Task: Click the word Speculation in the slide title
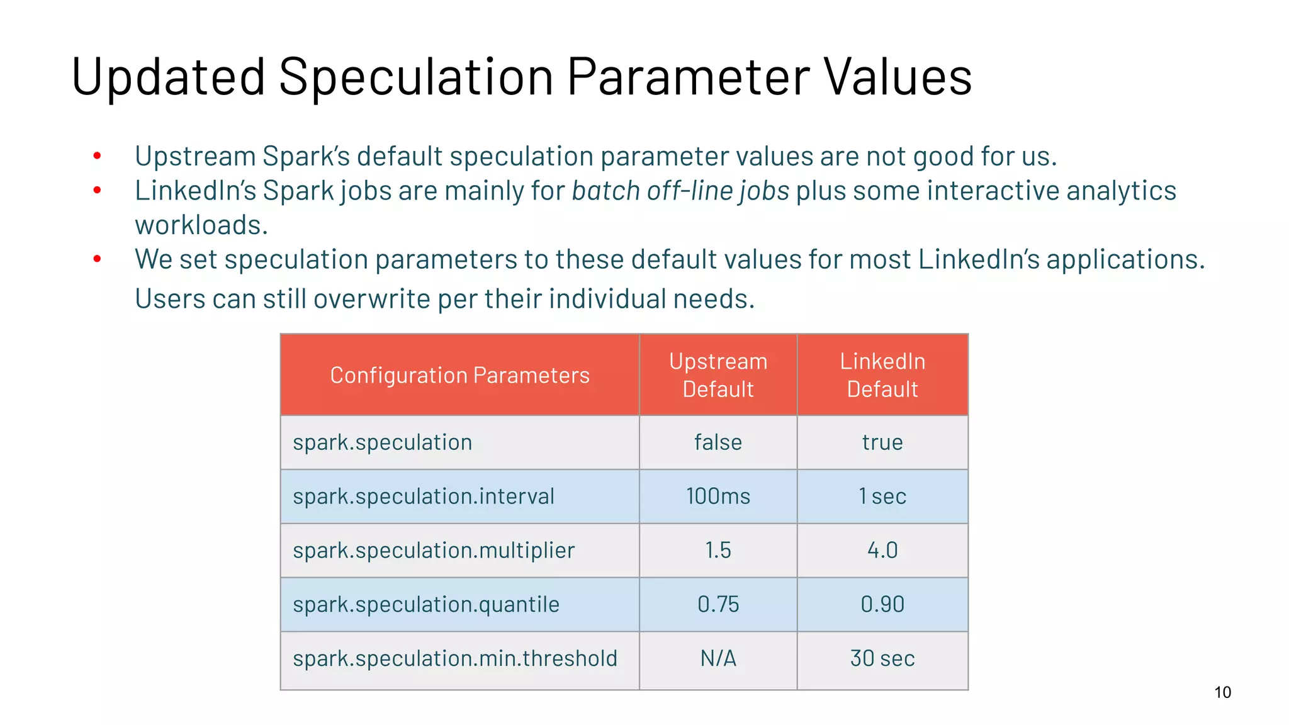(x=415, y=77)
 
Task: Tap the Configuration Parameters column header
(x=459, y=375)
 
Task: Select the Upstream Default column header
(x=718, y=375)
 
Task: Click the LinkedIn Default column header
(x=882, y=375)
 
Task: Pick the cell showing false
(x=718, y=442)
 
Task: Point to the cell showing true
(x=882, y=442)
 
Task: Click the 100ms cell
(x=718, y=497)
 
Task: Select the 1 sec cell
(x=882, y=497)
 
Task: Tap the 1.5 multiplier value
(x=718, y=551)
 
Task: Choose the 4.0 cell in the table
(x=882, y=551)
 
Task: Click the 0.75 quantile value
(x=718, y=605)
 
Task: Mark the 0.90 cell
(x=882, y=605)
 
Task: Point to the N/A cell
(x=718, y=659)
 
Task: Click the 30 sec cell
(x=882, y=659)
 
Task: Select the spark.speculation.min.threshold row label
(x=455, y=659)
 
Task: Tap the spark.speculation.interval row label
(x=424, y=497)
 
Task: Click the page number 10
(x=1222, y=693)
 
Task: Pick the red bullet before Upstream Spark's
(x=97, y=155)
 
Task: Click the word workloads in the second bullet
(x=201, y=225)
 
